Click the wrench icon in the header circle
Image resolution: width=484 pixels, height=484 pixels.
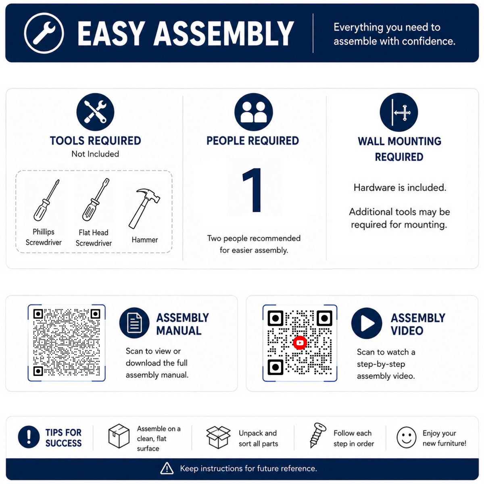(44, 33)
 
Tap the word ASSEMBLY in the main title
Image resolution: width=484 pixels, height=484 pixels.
(223, 33)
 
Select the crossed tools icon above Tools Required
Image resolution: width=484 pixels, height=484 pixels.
(95, 112)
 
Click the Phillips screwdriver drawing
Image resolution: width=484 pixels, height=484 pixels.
(46, 200)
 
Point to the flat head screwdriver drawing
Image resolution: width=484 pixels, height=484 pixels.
(96, 199)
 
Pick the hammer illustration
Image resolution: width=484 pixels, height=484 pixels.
(144, 209)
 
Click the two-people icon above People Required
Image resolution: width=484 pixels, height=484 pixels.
(253, 112)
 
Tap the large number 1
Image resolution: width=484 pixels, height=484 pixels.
(252, 190)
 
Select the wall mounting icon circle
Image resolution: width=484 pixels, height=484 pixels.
(399, 112)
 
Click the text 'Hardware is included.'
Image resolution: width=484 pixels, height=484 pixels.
(400, 188)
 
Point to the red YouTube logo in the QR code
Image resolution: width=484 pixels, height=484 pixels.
(300, 342)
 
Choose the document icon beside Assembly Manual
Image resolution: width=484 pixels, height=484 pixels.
(134, 323)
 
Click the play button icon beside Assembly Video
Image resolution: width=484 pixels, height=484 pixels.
(367, 323)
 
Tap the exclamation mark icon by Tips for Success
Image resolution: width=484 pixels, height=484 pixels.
(29, 437)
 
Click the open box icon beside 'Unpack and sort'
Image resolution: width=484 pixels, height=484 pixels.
(218, 437)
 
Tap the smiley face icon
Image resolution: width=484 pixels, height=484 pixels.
(407, 437)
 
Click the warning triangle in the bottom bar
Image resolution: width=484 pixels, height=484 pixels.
(167, 468)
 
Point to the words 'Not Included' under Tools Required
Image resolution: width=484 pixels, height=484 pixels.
(95, 154)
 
